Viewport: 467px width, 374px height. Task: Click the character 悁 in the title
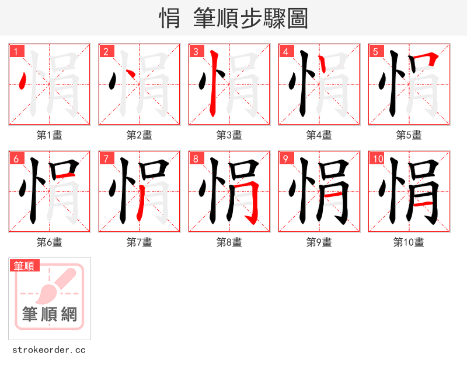169,19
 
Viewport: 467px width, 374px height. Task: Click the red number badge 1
16,52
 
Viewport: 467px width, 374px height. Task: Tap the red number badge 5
375,52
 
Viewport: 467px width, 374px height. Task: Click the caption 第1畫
50,135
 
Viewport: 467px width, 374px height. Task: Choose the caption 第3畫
229,135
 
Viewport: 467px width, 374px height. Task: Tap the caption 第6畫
50,242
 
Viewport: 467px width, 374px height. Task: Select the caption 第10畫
409,242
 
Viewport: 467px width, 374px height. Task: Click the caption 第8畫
229,242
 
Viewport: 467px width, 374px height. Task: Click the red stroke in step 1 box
22,81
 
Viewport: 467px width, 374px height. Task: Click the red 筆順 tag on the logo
25,266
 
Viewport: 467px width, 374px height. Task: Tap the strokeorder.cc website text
49,350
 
